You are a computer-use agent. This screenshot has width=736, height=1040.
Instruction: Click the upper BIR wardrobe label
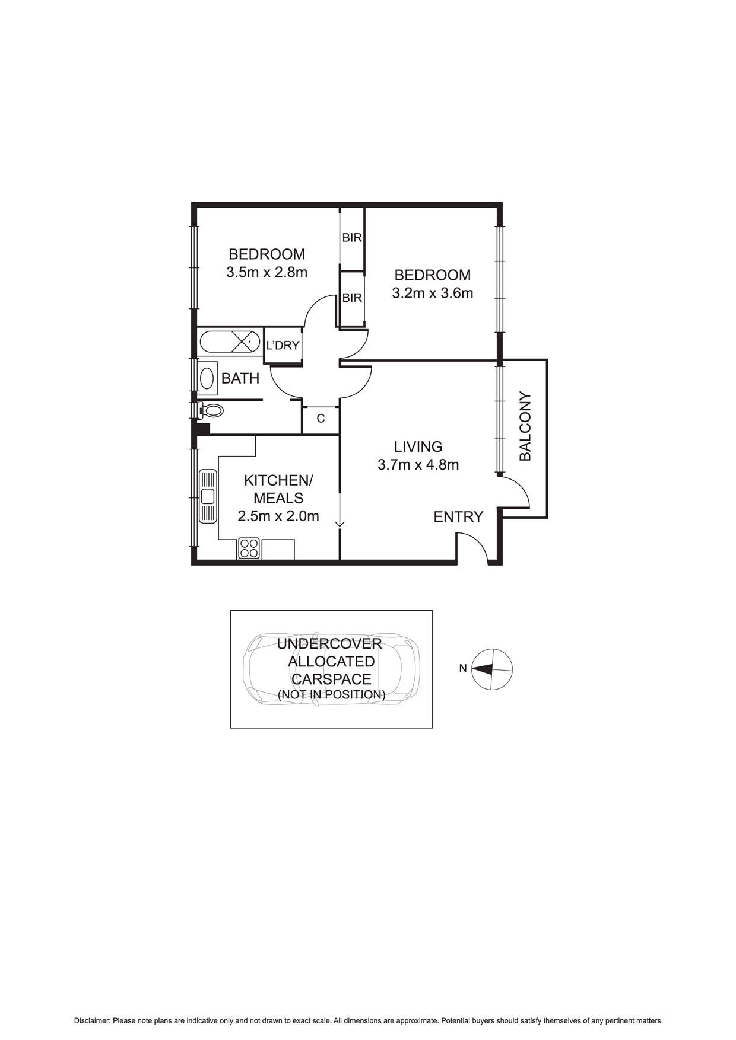pos(352,238)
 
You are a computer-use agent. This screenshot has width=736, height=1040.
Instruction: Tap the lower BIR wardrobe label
pos(352,298)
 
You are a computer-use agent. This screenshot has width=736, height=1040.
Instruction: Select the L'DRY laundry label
pos(283,345)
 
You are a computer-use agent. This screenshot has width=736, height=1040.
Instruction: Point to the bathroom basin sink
pos(207,378)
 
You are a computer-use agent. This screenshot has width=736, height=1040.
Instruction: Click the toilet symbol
pos(211,410)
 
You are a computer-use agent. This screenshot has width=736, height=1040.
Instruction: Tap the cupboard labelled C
pos(321,419)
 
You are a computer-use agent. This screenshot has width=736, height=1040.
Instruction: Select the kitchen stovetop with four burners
pos(249,548)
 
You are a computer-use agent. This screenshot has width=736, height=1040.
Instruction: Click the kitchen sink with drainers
pos(208,496)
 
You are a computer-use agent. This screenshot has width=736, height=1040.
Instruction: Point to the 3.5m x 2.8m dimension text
pos(267,273)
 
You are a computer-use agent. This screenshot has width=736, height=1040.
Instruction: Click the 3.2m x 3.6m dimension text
pos(432,293)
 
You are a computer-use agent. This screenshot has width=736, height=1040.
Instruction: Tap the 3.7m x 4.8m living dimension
pos(418,465)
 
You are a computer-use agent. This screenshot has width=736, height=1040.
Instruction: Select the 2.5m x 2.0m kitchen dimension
pos(278,516)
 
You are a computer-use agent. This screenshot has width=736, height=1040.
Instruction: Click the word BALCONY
pos(525,426)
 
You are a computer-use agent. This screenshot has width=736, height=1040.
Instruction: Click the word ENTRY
pos(458,517)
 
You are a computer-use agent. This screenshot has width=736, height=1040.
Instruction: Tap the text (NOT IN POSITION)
pos(331,694)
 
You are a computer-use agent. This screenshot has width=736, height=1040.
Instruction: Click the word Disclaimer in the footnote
pos(92,1021)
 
